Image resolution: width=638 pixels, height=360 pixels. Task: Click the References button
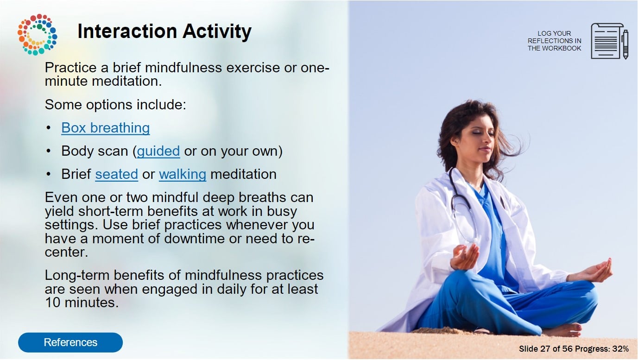point(70,342)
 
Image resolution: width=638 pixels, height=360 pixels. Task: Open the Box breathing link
point(105,128)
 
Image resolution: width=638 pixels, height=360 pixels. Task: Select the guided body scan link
point(158,151)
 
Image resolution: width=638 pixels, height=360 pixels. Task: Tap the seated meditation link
point(116,174)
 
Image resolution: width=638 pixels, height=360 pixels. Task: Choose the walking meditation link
point(183,174)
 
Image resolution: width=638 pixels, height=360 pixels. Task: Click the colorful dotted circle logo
point(38,34)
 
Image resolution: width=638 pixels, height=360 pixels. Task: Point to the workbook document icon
point(606,41)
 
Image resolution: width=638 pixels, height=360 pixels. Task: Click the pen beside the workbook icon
point(625,44)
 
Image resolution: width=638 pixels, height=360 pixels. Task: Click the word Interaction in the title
point(127,31)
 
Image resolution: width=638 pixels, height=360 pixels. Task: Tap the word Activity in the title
point(217,32)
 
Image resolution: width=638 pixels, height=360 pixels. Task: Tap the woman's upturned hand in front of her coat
point(464,257)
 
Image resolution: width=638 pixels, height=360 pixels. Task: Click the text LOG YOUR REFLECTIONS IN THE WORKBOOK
point(554,41)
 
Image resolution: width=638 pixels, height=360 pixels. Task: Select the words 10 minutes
point(82,303)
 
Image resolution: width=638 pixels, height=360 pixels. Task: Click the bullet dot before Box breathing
point(49,127)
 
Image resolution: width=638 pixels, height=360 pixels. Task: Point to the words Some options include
point(115,105)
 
